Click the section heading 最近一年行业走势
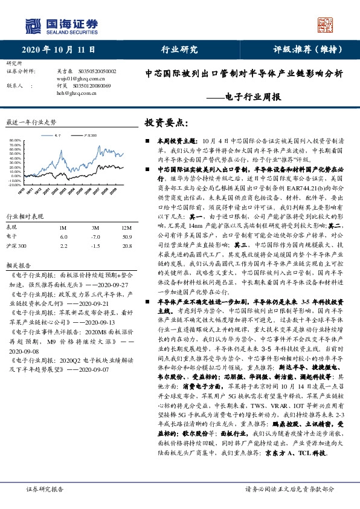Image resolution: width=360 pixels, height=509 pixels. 31,122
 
